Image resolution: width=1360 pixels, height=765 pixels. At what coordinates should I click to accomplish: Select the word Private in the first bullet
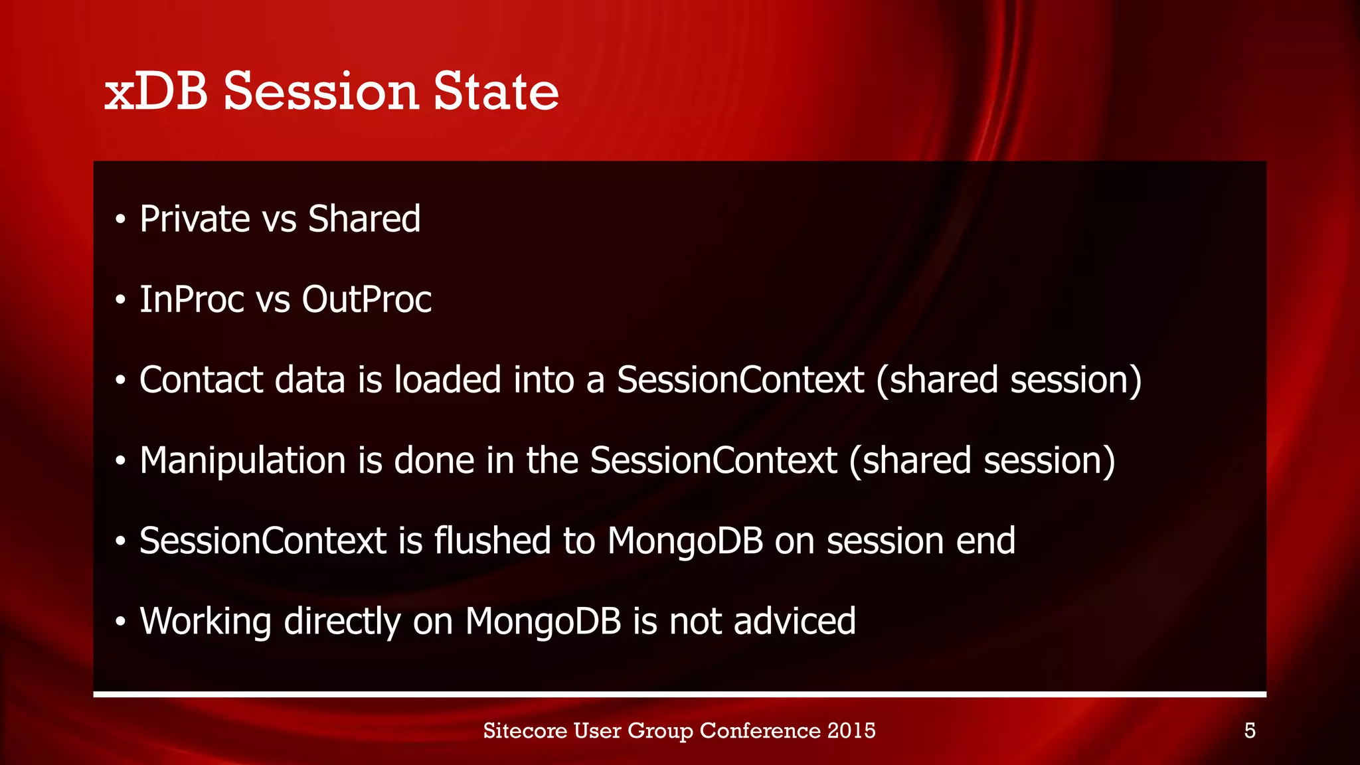click(195, 219)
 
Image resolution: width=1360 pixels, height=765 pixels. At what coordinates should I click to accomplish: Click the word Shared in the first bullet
click(364, 219)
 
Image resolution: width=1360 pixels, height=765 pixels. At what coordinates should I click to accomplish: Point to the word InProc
click(192, 299)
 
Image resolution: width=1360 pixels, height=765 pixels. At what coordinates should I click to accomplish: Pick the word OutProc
click(367, 299)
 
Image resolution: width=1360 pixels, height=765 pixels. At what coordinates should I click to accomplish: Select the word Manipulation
click(242, 461)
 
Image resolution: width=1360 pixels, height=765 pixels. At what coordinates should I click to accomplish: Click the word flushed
click(492, 541)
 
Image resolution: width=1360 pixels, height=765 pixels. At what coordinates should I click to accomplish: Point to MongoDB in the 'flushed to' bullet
click(685, 541)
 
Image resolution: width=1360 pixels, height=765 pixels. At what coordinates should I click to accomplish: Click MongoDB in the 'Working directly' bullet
click(543, 622)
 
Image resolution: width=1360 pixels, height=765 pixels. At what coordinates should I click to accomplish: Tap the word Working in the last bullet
click(205, 622)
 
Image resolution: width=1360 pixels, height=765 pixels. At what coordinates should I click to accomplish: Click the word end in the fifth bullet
click(985, 541)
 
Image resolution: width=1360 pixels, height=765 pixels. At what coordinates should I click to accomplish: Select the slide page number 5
click(1249, 731)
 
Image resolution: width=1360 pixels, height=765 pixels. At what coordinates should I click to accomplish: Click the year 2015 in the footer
click(851, 730)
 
